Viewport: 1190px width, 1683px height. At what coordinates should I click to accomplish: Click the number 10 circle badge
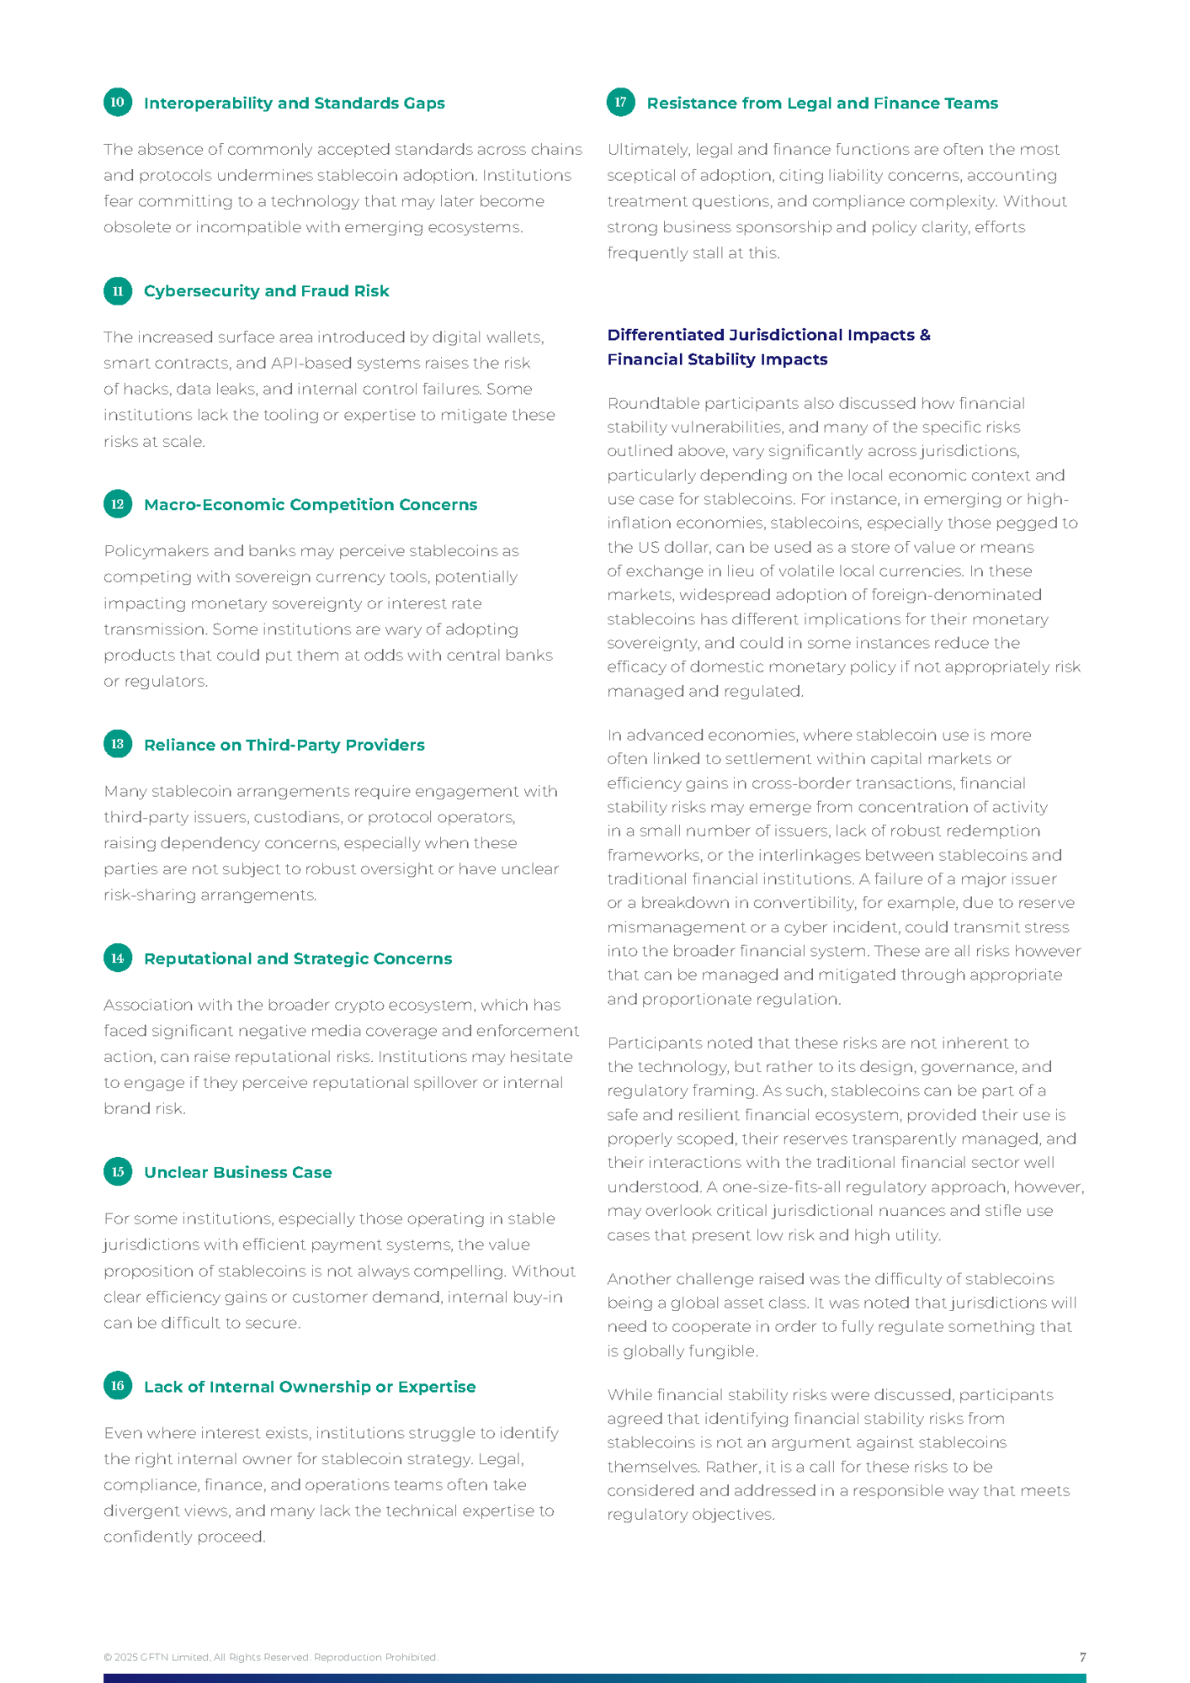coord(118,102)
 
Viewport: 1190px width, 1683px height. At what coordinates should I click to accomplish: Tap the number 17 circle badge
coord(620,102)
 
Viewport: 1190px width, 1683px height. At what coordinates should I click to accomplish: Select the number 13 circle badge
coord(118,744)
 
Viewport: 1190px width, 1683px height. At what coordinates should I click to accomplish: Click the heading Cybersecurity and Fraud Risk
coord(266,291)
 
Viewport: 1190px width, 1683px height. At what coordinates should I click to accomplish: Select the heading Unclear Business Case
coord(237,1172)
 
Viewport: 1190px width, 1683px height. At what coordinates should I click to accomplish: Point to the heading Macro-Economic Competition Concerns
coord(310,505)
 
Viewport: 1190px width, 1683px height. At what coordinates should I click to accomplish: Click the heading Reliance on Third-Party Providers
coord(284,745)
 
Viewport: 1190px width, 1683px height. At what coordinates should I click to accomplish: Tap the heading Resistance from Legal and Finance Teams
coord(821,104)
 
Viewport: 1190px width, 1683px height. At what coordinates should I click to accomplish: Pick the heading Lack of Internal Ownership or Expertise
coord(309,1387)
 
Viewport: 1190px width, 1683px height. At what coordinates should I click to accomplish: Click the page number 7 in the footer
coord(1082,1657)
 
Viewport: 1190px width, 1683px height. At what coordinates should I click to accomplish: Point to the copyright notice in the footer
coord(270,1658)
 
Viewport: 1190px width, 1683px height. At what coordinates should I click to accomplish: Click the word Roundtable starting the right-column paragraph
coord(649,404)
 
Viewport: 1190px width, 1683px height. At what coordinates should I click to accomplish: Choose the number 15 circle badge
coord(118,1171)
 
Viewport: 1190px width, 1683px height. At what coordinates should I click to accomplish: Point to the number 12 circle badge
coord(118,504)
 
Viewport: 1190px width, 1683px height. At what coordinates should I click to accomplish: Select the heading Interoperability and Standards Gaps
coord(294,104)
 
